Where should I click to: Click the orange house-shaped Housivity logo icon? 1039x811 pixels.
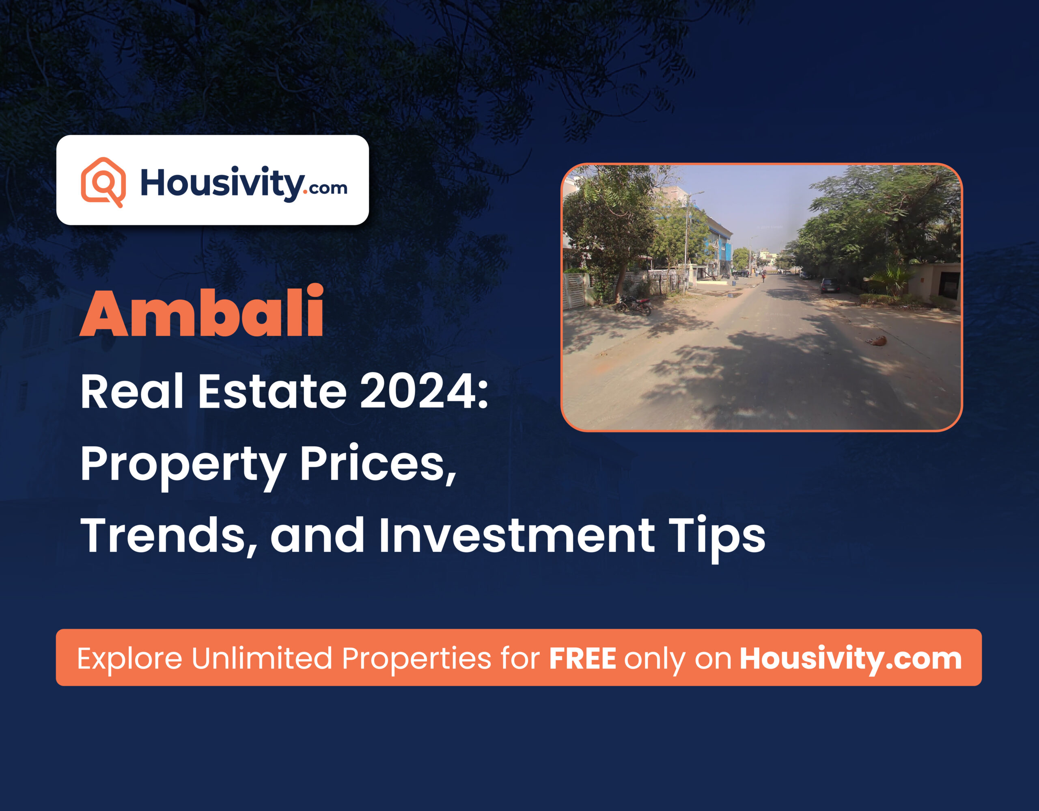tap(103, 182)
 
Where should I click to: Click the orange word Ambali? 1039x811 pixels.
tap(202, 312)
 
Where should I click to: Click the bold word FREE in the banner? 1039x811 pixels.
tap(582, 659)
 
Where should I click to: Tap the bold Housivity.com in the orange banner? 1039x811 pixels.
tap(851, 659)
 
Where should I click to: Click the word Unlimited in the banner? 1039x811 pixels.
tap(262, 659)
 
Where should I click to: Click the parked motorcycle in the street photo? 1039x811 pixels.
tap(633, 305)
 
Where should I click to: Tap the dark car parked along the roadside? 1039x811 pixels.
tap(829, 285)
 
